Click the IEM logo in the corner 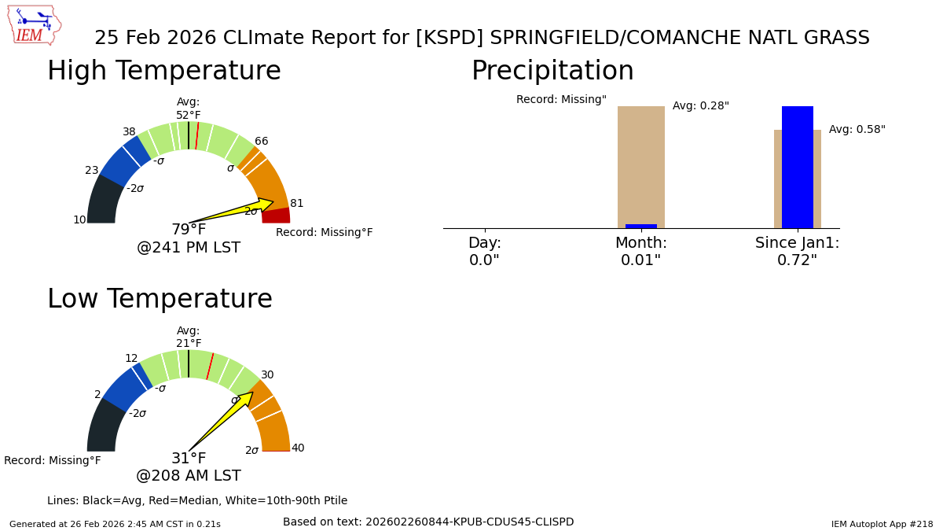tap(34, 25)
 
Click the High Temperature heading tap(163, 72)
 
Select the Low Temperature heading tap(160, 300)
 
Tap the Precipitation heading tap(552, 72)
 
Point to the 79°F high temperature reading tap(189, 230)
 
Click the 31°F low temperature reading tap(189, 459)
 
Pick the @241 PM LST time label tap(189, 248)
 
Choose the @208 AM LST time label tap(189, 476)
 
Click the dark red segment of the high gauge tap(276, 216)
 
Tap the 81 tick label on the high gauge tap(296, 204)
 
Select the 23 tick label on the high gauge tap(92, 171)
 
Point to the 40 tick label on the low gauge tap(298, 448)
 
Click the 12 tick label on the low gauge tap(131, 359)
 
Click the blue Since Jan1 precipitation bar tap(797, 167)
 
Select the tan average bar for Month tap(640, 165)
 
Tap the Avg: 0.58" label tap(857, 130)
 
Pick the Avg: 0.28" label tap(700, 106)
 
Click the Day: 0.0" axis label tap(484, 252)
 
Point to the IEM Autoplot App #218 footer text tap(882, 524)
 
